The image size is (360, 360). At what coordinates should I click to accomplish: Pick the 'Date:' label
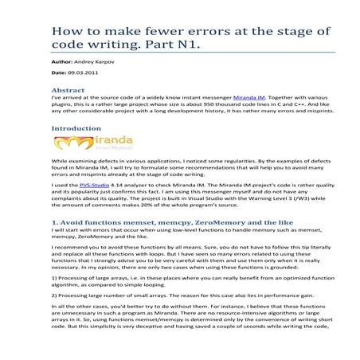59,74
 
